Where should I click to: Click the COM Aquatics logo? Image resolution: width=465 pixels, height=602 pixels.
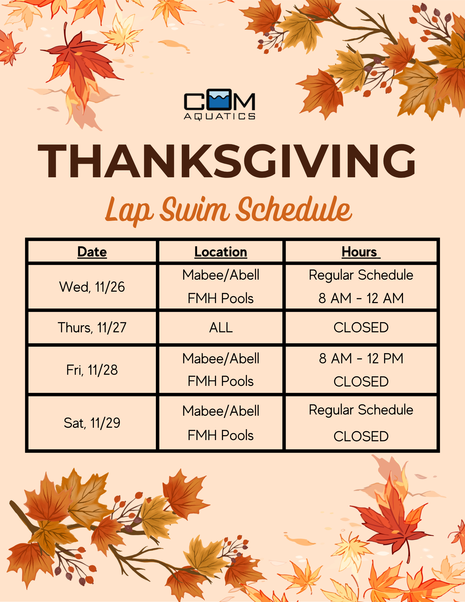coord(220,104)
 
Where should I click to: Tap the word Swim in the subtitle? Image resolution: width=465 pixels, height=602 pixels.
coord(194,209)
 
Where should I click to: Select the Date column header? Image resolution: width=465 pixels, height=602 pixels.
coord(92,252)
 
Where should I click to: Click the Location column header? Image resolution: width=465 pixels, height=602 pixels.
coord(221,252)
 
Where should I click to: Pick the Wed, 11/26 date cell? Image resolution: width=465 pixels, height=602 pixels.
coord(92,287)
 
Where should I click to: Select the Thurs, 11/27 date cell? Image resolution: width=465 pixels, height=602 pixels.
coord(92,327)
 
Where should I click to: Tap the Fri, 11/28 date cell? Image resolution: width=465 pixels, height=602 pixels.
coord(92,370)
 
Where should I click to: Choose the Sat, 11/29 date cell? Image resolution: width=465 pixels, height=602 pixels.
coord(92,423)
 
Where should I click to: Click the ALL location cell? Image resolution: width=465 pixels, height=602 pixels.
coord(221,327)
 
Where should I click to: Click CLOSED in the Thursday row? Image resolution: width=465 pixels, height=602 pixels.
coord(361,327)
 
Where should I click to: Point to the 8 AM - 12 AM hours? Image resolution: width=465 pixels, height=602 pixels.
coord(361,298)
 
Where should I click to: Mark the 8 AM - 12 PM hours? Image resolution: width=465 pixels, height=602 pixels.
coord(361,358)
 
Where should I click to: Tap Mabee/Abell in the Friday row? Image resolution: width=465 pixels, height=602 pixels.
coord(221,358)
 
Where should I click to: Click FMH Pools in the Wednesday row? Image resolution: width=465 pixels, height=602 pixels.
coord(221,298)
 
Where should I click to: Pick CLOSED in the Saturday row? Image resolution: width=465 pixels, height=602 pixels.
coord(361,436)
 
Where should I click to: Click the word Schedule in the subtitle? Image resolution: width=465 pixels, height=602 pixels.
coord(294,209)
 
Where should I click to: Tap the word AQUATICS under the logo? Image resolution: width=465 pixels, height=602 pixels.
coord(220,116)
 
